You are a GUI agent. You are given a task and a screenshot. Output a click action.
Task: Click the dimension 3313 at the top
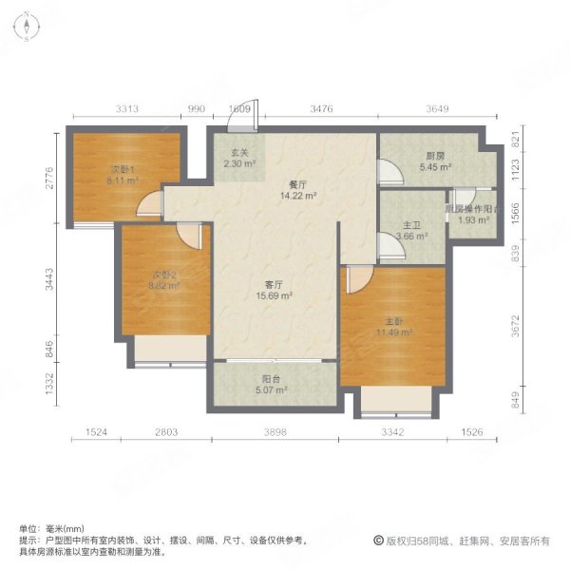pos(128,110)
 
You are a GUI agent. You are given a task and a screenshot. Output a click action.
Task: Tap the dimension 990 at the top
pos(197,110)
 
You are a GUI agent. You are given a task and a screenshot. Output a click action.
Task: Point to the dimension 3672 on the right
pos(516,326)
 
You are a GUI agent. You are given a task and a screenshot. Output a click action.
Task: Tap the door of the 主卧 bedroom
pos(357,278)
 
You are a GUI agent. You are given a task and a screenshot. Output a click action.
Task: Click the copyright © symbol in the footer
pos(378,541)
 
